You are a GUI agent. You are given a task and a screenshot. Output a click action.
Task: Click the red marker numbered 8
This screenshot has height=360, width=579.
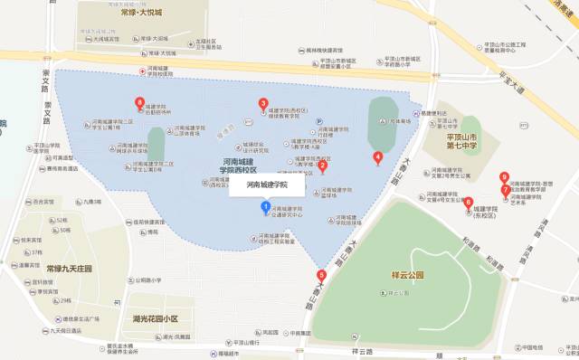click(x=139, y=102)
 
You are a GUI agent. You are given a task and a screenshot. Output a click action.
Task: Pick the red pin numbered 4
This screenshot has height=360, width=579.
click(x=378, y=156)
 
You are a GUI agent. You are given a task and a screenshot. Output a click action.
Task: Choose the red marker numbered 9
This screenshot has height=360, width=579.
click(x=504, y=177)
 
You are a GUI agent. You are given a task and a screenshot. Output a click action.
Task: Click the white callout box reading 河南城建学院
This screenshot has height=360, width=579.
click(x=266, y=185)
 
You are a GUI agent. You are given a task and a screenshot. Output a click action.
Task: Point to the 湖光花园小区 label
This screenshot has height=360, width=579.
click(x=156, y=319)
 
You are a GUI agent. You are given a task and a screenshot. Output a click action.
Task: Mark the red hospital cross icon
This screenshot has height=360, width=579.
click(x=141, y=71)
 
